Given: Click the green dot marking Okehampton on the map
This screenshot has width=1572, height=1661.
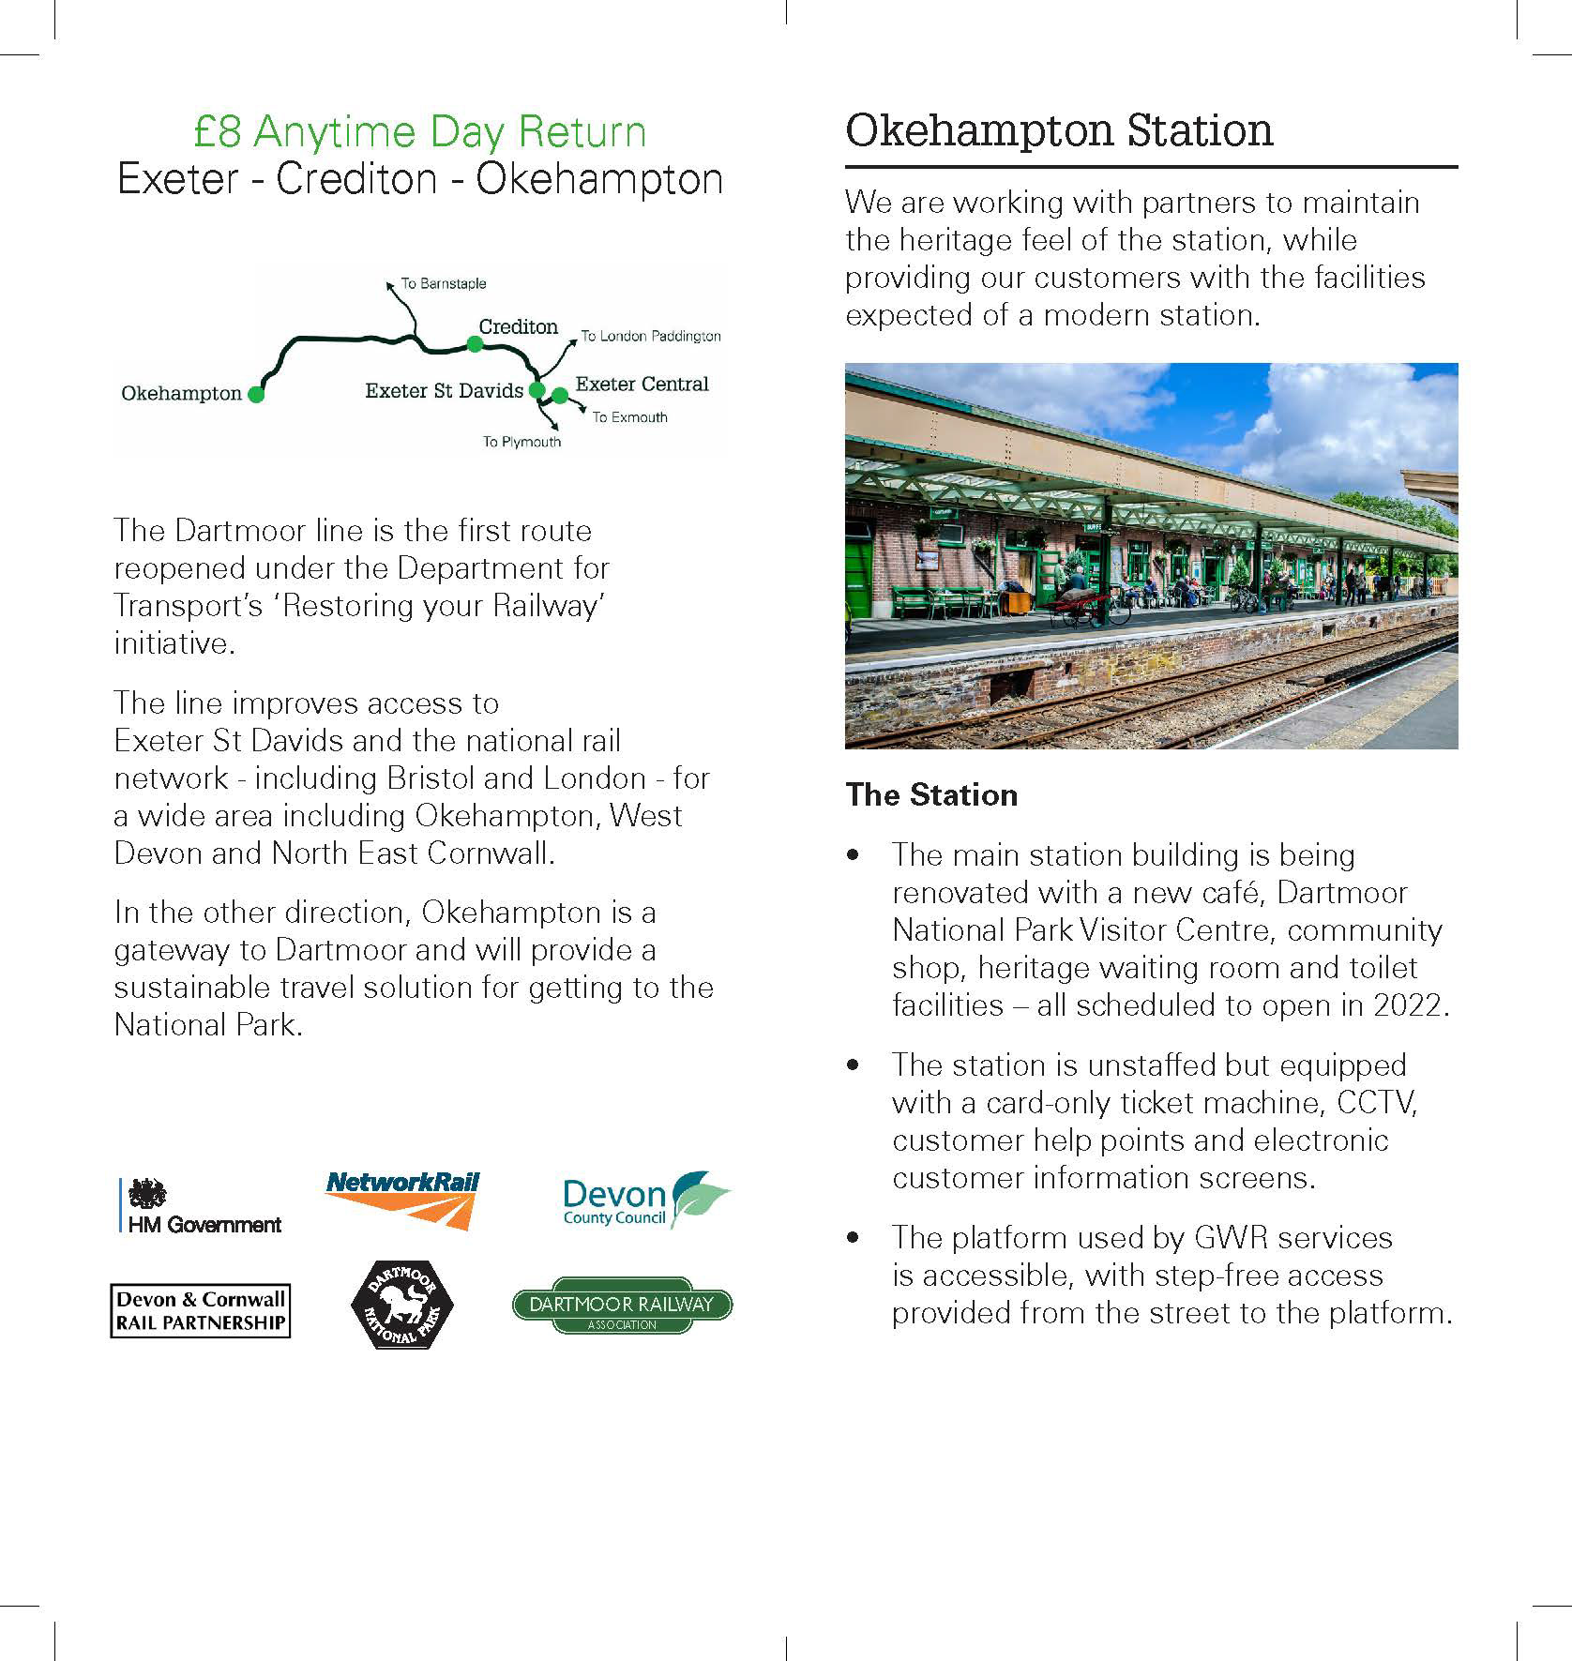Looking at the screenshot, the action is coord(256,395).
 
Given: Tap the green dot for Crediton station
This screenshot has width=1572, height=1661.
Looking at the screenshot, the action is coord(475,344).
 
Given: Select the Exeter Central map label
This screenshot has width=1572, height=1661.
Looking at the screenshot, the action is coord(642,384).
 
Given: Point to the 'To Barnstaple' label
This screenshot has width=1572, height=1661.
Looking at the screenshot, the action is coord(443,283).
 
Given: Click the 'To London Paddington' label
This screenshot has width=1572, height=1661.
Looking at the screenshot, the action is coord(651,336).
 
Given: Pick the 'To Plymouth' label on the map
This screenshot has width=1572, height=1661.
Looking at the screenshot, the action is coord(521,442).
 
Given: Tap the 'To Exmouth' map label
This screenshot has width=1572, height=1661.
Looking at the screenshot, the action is coord(629,417).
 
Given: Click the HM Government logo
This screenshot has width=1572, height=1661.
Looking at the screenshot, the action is coord(201,1205).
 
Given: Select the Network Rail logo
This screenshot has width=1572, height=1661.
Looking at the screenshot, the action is coord(402,1200).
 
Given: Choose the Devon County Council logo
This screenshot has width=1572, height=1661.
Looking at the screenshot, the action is coord(646,1200).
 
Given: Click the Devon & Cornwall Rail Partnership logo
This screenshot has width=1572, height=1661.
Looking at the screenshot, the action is coord(200,1310).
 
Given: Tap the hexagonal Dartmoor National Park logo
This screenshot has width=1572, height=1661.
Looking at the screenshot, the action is coord(401,1305).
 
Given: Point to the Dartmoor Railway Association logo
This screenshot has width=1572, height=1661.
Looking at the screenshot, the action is coord(622,1306).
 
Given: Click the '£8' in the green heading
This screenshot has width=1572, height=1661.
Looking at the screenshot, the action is coord(218,132).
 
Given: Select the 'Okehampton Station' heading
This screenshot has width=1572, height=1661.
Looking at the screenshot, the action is coord(1059,130).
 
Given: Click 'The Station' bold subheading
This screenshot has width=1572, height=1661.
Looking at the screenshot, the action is coord(931,795).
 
